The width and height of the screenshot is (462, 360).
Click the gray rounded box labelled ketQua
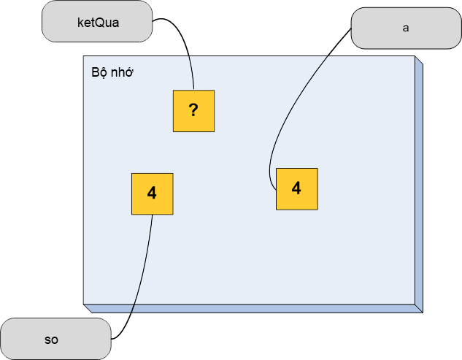(97, 21)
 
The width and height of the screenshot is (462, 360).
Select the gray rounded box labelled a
(407, 28)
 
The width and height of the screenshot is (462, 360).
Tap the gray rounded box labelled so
(55, 339)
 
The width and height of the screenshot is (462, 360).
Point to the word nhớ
(123, 72)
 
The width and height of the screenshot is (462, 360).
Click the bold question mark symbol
(193, 110)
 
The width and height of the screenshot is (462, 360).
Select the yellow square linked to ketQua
(193, 111)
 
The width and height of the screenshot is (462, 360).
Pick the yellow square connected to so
(153, 194)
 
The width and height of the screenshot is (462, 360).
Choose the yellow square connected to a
(297, 189)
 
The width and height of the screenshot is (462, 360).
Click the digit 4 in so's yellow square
(152, 193)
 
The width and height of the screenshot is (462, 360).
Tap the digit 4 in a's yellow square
(296, 188)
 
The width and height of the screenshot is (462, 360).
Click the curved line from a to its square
(298, 97)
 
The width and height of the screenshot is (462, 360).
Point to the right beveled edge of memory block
(419, 184)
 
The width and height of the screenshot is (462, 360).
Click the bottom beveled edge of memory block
(253, 308)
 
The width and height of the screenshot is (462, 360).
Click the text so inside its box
(51, 340)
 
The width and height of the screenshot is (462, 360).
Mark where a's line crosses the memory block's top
(331, 55)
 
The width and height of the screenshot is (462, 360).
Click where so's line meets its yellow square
(153, 215)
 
